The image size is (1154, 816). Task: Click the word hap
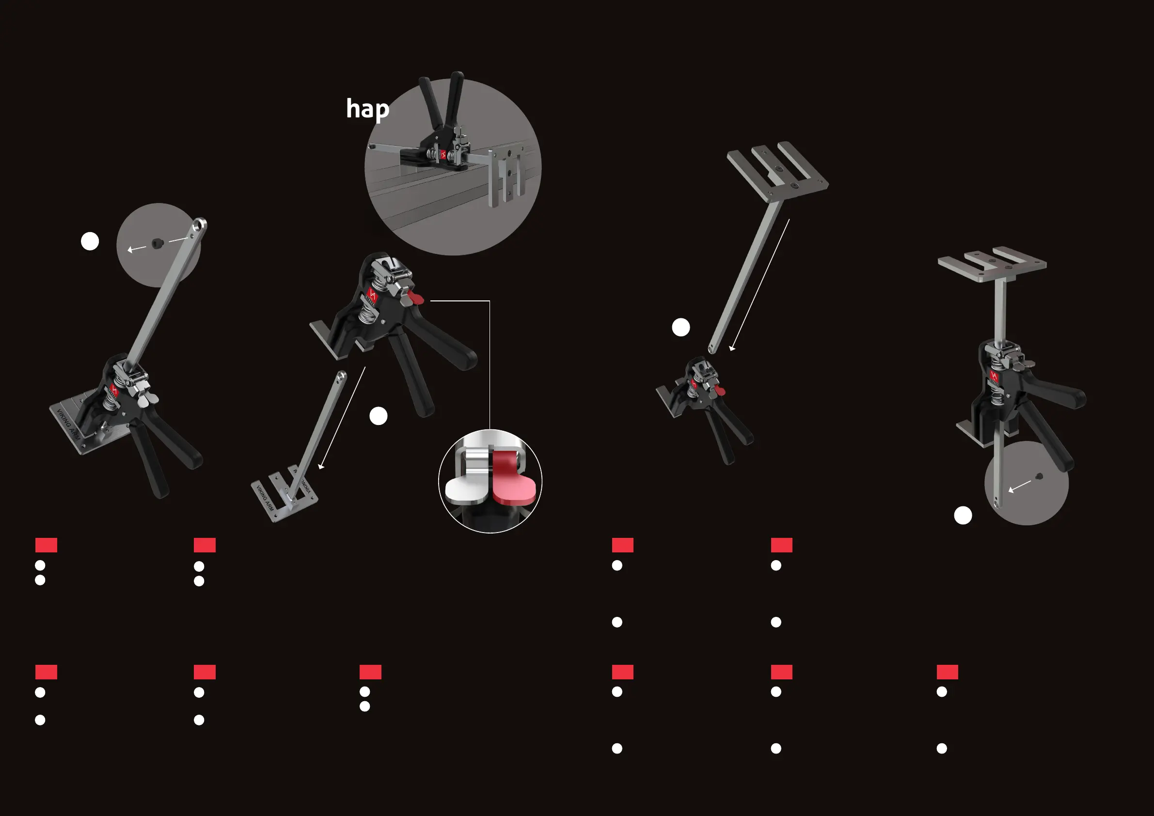(367, 110)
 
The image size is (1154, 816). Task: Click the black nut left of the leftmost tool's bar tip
(157, 244)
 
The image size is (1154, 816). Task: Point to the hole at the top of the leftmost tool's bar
(200, 223)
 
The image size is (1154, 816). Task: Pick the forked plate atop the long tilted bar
(777, 171)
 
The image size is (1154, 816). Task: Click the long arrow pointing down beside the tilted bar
(759, 284)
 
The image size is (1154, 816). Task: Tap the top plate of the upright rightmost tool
(992, 264)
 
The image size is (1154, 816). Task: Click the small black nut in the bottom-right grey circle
(1040, 476)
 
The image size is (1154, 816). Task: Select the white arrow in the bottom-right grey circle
(1020, 486)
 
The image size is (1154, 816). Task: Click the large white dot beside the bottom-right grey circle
(963, 516)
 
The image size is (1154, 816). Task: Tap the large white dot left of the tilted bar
(681, 328)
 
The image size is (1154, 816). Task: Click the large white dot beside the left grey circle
(90, 242)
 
